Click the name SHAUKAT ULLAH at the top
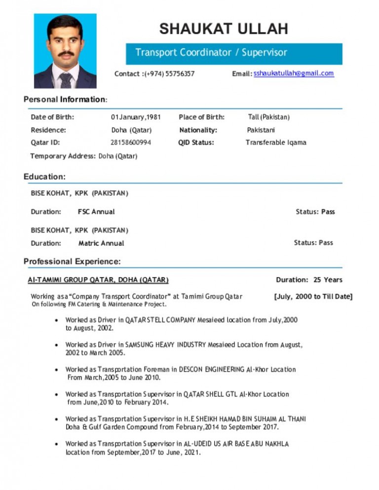click(224, 29)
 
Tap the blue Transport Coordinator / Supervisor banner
click(234, 53)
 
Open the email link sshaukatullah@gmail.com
click(294, 73)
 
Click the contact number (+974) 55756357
click(168, 74)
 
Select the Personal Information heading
click(65, 100)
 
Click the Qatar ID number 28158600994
click(131, 142)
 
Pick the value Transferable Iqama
click(276, 142)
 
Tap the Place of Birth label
click(201, 117)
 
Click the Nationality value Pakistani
click(261, 130)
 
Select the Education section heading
click(44, 176)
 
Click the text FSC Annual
click(96, 212)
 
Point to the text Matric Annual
click(101, 243)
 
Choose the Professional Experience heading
click(72, 261)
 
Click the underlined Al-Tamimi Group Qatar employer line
click(98, 280)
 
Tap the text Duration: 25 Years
click(309, 280)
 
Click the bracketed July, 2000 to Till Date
click(313, 296)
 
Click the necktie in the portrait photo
click(66, 79)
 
